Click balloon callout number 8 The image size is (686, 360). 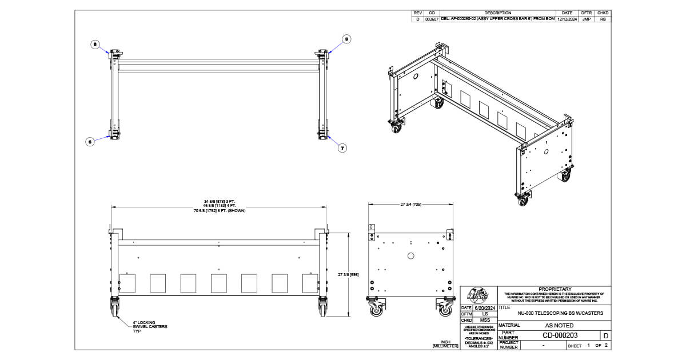[x=95, y=43]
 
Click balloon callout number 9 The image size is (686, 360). [x=346, y=39]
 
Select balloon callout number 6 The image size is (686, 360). [x=90, y=142]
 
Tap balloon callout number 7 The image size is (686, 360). [x=342, y=147]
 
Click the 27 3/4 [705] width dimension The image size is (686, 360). [x=411, y=204]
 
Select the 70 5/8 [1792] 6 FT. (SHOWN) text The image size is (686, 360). [x=220, y=211]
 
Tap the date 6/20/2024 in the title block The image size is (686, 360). [x=485, y=307]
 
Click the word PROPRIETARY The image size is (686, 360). [x=555, y=289]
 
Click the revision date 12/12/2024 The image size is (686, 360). [x=567, y=19]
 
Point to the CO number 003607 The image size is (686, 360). [x=432, y=19]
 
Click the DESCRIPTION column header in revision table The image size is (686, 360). [x=497, y=13]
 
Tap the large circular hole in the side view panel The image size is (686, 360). [x=410, y=256]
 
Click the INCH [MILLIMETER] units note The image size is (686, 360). [x=445, y=344]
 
